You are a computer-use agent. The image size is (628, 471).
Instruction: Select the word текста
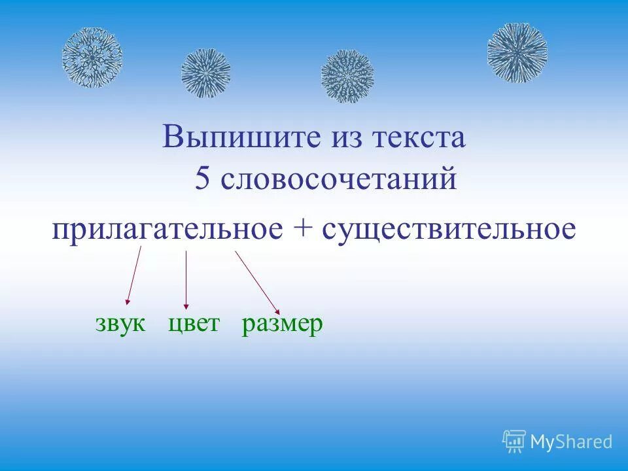(x=419, y=138)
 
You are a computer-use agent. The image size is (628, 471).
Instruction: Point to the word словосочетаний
(x=338, y=179)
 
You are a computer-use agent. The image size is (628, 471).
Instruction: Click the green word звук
(x=120, y=324)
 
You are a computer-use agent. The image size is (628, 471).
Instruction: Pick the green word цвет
(x=194, y=324)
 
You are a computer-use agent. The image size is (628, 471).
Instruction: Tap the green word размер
(x=283, y=324)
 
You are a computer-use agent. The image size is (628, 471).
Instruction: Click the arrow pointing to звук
(x=134, y=276)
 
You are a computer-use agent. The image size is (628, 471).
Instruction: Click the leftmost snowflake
(x=92, y=58)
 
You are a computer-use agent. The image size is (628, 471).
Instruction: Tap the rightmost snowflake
(x=517, y=52)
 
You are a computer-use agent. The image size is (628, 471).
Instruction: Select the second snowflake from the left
(x=206, y=73)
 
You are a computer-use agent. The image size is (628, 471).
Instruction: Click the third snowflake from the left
(x=347, y=77)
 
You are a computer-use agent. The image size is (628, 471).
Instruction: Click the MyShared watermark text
(x=571, y=442)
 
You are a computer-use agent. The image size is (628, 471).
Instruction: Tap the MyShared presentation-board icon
(x=514, y=442)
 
